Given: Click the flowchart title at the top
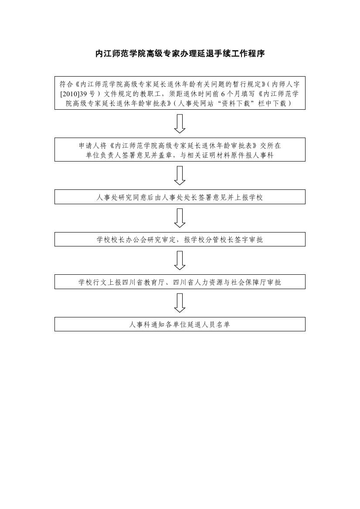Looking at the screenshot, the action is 180,54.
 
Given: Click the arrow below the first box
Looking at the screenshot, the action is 180,124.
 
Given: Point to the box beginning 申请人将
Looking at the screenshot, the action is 180,150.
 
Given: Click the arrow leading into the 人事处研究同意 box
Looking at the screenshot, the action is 180,175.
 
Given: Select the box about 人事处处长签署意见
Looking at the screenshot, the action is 180,197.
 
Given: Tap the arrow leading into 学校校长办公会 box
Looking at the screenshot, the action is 180,218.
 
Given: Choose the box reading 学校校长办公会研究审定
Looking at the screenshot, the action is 180,239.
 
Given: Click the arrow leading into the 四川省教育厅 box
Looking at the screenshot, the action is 180,260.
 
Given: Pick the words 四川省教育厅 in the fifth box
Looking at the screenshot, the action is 144,282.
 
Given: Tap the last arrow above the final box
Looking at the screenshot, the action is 180,303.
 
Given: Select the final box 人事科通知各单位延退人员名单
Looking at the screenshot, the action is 180,324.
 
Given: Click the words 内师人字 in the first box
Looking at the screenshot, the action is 285,84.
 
